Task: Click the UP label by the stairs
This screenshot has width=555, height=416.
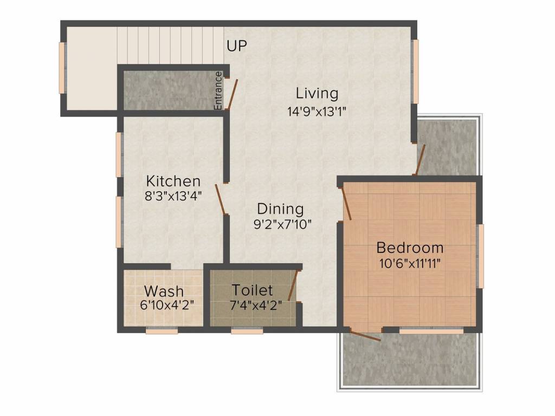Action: [237, 45]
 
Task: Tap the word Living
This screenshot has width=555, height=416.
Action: [317, 93]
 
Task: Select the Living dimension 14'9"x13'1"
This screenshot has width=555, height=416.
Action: [317, 112]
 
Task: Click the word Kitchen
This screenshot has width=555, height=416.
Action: [173, 181]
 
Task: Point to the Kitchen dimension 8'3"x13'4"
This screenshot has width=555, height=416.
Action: [173, 196]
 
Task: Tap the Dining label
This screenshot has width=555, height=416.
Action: [280, 209]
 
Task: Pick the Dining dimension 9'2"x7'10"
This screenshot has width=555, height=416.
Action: [282, 224]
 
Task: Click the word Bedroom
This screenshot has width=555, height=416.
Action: [410, 248]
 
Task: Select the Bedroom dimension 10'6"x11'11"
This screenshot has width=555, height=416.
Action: [410, 264]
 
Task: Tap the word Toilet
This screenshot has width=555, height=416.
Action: [253, 290]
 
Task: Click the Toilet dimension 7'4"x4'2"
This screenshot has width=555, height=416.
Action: [256, 305]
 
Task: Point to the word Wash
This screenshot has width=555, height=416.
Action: [164, 291]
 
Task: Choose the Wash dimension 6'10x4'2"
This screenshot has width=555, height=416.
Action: [167, 305]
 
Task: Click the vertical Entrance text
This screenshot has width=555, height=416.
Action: [218, 90]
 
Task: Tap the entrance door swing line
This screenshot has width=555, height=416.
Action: [233, 94]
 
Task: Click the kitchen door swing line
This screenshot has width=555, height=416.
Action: [220, 199]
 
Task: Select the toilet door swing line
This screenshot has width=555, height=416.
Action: [294, 285]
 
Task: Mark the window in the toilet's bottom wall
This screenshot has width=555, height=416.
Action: [247, 331]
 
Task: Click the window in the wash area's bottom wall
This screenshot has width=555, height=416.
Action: [162, 331]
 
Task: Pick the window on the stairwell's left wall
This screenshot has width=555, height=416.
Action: [62, 68]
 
